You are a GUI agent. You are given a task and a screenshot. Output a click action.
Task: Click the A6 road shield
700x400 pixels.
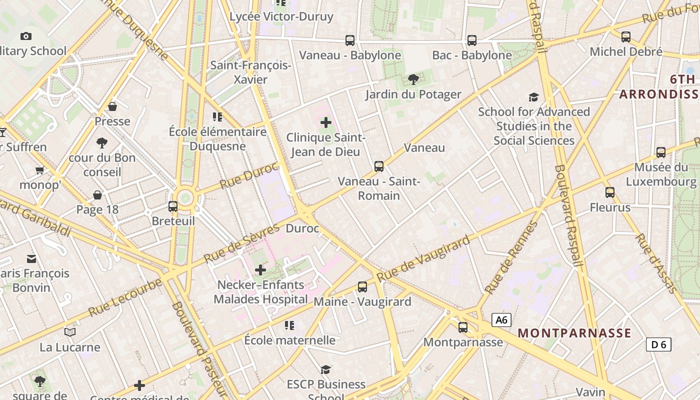pyautogui.click(x=501, y=320)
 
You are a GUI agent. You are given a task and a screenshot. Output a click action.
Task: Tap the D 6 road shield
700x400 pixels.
pyautogui.click(x=658, y=344)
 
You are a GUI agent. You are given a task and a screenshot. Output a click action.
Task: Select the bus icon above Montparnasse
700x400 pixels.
pyautogui.click(x=463, y=327)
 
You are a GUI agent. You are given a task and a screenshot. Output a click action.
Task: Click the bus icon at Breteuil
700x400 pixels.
pyautogui.click(x=173, y=206)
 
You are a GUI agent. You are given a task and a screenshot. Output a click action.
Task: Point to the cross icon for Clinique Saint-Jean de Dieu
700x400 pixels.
pyautogui.click(x=326, y=122)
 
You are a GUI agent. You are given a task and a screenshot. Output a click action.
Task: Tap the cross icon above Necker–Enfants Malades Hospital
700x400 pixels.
pyautogui.click(x=260, y=270)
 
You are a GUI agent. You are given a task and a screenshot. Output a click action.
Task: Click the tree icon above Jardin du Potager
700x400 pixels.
pyautogui.click(x=413, y=79)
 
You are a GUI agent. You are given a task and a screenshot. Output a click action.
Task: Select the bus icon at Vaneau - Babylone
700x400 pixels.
pyautogui.click(x=350, y=40)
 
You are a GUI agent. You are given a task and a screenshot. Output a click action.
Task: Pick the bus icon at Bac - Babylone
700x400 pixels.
pyautogui.click(x=471, y=40)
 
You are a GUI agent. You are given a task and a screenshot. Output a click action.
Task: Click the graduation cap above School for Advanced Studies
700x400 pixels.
pyautogui.click(x=534, y=97)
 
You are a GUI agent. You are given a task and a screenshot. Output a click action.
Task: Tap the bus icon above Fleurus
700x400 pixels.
pyautogui.click(x=609, y=192)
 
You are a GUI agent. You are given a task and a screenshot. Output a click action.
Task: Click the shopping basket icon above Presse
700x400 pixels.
pyautogui.click(x=112, y=106)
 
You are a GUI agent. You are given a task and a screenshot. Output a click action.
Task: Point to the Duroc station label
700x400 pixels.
pyautogui.click(x=302, y=228)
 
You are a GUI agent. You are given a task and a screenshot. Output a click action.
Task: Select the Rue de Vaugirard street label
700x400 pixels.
pyautogui.click(x=423, y=258)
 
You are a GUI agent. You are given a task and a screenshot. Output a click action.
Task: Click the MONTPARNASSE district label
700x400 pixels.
pyautogui.click(x=574, y=333)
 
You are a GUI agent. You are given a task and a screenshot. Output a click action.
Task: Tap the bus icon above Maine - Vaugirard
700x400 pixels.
pyautogui.click(x=362, y=287)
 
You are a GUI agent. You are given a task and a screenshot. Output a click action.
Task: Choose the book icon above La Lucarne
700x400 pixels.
pyautogui.click(x=70, y=332)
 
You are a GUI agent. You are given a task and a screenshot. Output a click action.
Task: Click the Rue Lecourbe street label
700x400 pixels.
pyautogui.click(x=125, y=297)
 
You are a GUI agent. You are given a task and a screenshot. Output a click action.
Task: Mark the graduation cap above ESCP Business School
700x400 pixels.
pyautogui.click(x=326, y=369)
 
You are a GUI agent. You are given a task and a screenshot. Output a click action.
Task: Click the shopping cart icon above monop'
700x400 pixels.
pyautogui.click(x=40, y=170)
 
